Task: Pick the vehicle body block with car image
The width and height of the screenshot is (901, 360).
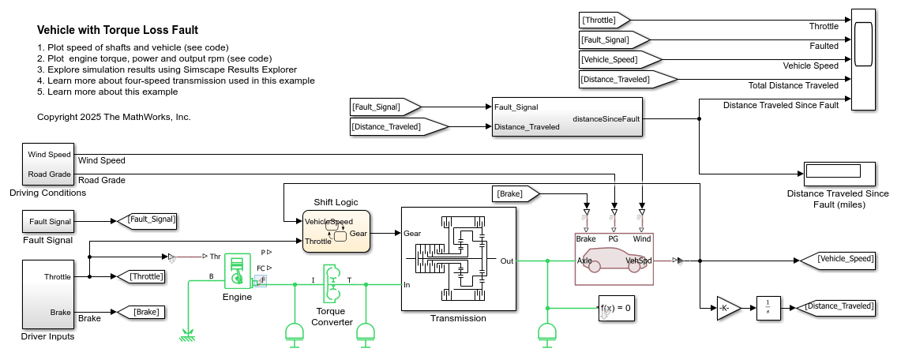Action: click(614, 258)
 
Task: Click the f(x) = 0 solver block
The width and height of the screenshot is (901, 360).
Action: click(616, 308)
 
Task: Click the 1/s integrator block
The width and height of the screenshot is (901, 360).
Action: click(768, 307)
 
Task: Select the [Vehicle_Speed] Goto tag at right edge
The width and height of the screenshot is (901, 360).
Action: click(838, 258)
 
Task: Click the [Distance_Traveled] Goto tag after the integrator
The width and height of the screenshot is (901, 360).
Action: click(838, 306)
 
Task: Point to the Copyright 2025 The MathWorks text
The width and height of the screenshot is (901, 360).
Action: click(114, 117)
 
